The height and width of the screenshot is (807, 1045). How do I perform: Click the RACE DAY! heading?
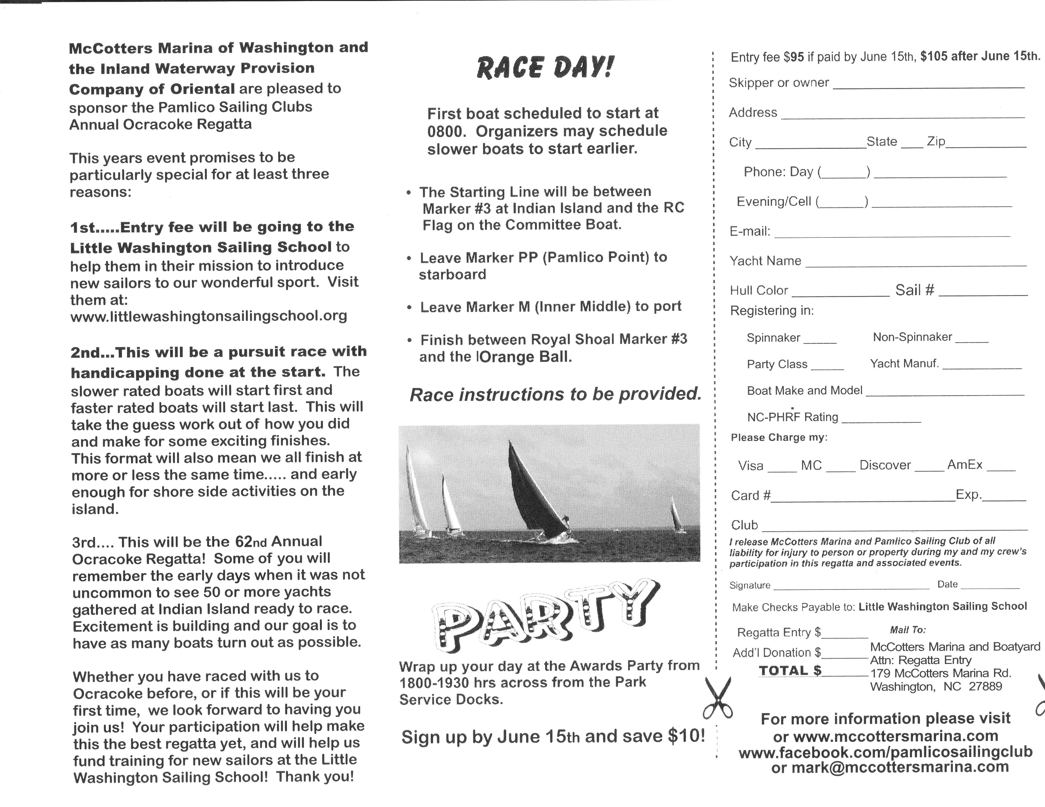(x=545, y=67)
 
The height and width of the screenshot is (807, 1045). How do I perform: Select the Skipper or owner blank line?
(x=928, y=86)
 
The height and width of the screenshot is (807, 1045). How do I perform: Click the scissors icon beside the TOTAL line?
(x=718, y=698)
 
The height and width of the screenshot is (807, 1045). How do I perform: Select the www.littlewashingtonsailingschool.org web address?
(x=209, y=316)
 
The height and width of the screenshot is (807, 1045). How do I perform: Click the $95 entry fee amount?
(x=794, y=57)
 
